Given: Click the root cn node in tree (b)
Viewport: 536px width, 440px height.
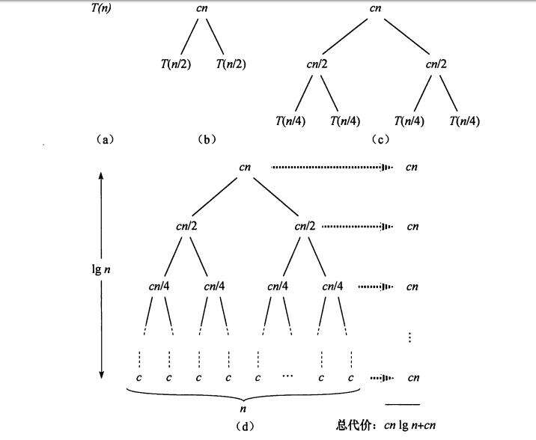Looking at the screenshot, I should point(200,9).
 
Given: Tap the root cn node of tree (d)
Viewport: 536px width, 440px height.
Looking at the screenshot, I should point(245,167).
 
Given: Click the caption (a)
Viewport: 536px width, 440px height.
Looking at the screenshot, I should point(105,138).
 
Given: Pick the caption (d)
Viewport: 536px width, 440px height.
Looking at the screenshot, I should point(244,427).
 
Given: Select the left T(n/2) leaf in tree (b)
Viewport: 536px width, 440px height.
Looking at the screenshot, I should point(174,64).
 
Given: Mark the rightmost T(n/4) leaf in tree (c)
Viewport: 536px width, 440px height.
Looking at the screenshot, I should point(465,121).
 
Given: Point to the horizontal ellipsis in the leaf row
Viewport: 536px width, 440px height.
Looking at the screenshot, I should point(290,376).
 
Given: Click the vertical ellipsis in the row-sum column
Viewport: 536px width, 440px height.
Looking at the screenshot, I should point(410,337).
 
